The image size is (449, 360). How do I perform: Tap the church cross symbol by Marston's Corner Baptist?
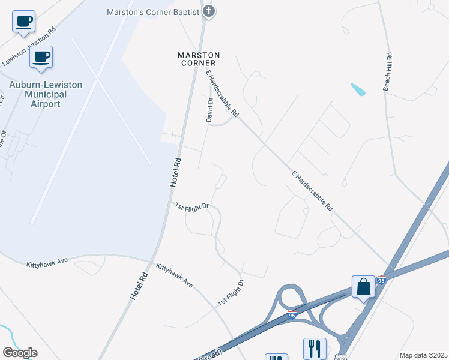[x=209, y=11]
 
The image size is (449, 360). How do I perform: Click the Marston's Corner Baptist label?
[x=153, y=11]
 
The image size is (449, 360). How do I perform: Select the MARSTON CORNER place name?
[x=199, y=59]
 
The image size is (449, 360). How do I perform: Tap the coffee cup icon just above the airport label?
[x=41, y=58]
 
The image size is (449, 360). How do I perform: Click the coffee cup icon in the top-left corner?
[x=23, y=22]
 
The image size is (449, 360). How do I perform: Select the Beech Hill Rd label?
[x=388, y=72]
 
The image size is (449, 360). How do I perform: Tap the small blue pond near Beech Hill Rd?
[x=358, y=90]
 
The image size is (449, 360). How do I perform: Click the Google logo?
[x=20, y=353]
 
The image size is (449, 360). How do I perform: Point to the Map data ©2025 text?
[x=423, y=355]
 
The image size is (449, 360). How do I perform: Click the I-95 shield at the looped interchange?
[x=292, y=314]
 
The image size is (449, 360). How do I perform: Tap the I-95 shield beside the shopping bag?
[x=381, y=280]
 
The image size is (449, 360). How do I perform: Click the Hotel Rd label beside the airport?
[x=175, y=173]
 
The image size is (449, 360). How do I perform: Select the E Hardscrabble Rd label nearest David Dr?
[x=222, y=94]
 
